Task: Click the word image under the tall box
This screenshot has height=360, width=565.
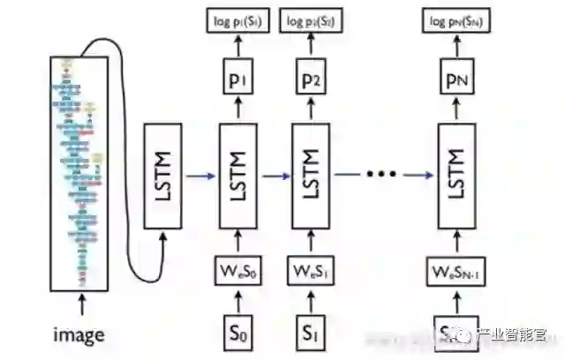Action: [79, 335]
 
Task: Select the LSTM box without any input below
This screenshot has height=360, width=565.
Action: [164, 176]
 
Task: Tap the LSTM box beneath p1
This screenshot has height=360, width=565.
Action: [236, 176]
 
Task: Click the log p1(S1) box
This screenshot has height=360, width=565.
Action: [236, 20]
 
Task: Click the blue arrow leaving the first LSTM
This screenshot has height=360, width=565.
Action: [200, 176]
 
